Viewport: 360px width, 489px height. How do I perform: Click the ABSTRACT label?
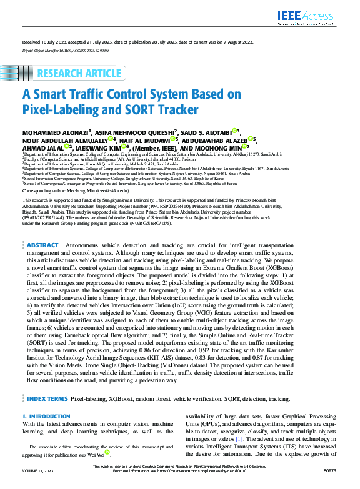coord(43,229)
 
